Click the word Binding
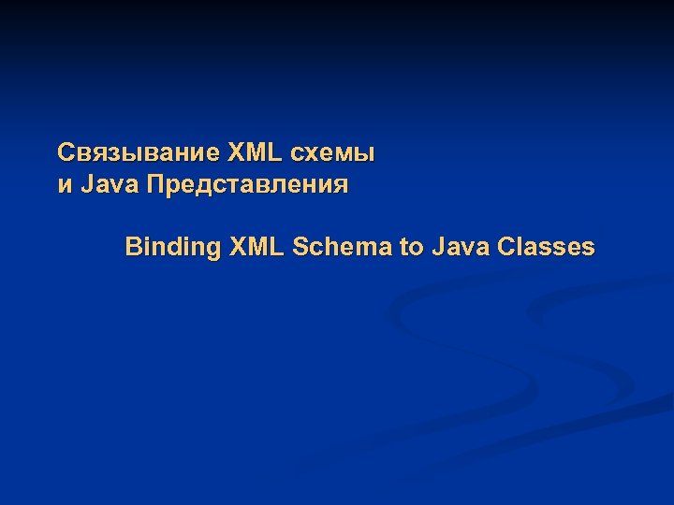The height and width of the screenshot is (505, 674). click(x=173, y=248)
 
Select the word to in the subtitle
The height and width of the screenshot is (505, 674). click(x=411, y=248)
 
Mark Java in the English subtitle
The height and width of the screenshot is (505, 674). click(x=461, y=247)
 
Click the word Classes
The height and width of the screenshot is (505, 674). click(x=547, y=247)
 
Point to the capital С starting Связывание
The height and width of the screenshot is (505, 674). click(x=65, y=151)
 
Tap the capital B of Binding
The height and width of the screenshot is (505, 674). click(x=133, y=247)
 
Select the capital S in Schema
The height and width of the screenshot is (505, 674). click(x=300, y=247)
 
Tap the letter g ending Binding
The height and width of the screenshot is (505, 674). click(x=213, y=251)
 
